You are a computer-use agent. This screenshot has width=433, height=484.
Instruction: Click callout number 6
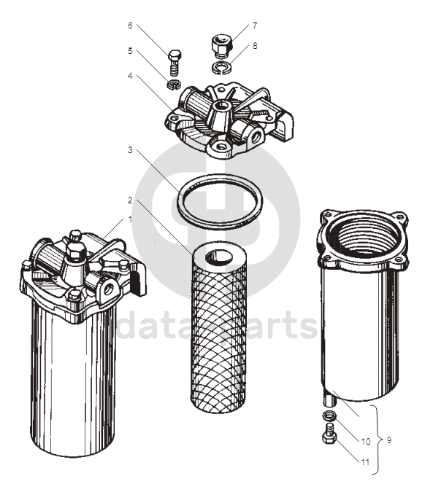pos(130,26)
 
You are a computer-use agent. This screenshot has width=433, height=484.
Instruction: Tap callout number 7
pos(255,26)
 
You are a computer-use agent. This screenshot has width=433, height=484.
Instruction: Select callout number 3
pos(130,150)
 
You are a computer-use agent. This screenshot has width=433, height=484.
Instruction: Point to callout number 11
pos(365,462)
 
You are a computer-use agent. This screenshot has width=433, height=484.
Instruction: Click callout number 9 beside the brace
pos(389,440)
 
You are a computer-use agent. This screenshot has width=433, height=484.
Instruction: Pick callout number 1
pos(130,219)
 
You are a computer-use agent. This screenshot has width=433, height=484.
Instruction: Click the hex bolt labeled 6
pos(175,63)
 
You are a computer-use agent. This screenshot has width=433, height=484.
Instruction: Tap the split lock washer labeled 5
pos(175,85)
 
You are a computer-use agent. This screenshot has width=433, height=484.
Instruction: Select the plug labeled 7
pos(221,47)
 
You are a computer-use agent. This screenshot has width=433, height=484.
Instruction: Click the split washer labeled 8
pos(222,68)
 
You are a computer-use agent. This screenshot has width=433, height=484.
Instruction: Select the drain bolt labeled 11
pos(329,434)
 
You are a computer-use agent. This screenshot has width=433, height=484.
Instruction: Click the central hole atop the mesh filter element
pos(221,256)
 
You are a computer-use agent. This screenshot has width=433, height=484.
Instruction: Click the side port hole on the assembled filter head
pos(109,289)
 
